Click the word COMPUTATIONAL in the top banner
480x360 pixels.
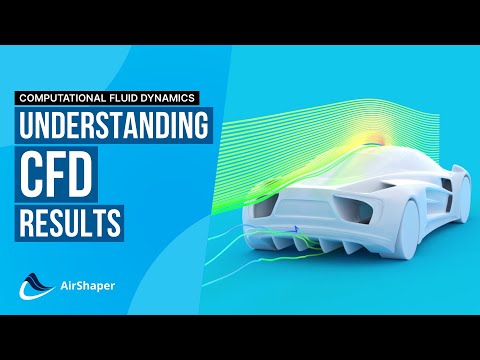(59, 98)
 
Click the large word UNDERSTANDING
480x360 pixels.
(114, 128)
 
